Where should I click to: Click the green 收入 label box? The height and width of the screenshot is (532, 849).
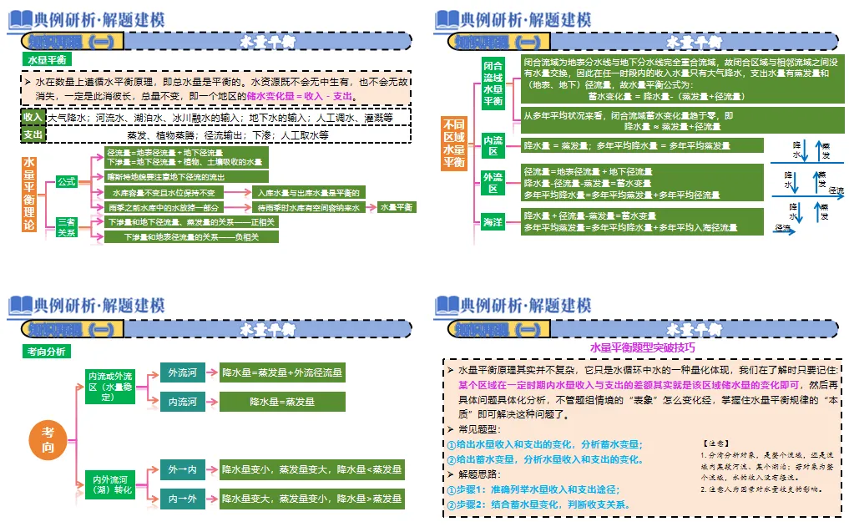tap(33, 118)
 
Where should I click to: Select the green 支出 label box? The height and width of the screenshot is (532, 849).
tap(33, 134)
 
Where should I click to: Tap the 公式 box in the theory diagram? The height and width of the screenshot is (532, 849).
tap(67, 181)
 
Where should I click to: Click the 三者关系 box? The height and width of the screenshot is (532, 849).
tap(67, 227)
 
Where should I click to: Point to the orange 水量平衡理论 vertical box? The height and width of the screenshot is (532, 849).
tap(29, 196)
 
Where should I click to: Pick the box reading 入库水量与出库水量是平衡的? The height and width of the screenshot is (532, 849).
tap(306, 193)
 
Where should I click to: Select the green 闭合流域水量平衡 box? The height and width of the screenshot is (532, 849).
tap(493, 83)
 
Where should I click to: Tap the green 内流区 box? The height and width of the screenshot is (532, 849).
tap(493, 145)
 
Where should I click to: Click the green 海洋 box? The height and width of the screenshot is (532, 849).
tap(493, 221)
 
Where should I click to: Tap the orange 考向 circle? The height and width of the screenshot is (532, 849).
tap(49, 438)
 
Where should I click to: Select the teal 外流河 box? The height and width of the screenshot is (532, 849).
tap(183, 373)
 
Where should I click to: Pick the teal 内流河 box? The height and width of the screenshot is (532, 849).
tap(183, 402)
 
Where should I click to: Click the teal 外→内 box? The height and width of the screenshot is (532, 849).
tap(183, 470)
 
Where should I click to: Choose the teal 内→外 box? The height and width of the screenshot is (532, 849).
tap(183, 499)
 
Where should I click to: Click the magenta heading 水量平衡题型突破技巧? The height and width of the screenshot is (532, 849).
tap(643, 347)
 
